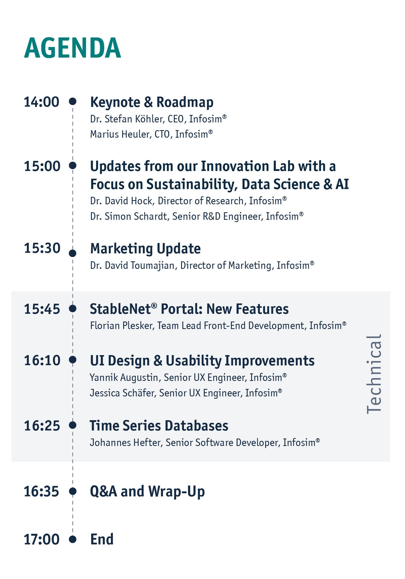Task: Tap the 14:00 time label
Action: click(42, 102)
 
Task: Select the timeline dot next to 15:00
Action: click(73, 165)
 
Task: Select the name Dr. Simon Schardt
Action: click(129, 216)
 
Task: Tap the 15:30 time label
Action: click(42, 248)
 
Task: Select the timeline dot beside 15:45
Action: click(73, 308)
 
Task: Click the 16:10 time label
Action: click(42, 360)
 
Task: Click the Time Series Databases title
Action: click(159, 426)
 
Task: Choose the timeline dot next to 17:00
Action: click(73, 539)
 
